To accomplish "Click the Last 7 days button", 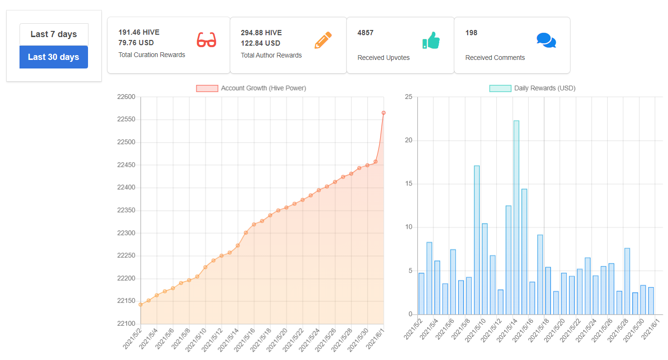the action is (x=54, y=34).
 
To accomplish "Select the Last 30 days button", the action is (x=54, y=57).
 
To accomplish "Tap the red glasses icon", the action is (x=206, y=40).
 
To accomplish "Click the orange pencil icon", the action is (x=323, y=40).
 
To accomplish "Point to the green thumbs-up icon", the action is (x=431, y=40).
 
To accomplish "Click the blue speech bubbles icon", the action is (x=546, y=40).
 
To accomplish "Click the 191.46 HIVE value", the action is (x=139, y=32).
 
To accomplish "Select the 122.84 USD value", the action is (x=261, y=43).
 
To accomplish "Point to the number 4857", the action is (x=365, y=33).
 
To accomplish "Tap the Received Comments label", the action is (x=495, y=58).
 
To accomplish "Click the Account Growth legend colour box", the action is (x=207, y=88).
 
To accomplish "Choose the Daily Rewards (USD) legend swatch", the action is (x=501, y=88).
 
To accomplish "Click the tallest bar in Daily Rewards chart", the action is (x=516, y=217).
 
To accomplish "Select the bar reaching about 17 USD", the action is (x=477, y=240).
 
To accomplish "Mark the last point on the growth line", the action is (x=383, y=113).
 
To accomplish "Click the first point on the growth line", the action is (x=141, y=304).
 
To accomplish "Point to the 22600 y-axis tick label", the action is (x=126, y=97).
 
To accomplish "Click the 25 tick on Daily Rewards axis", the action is (x=409, y=97).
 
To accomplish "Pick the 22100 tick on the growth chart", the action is (x=126, y=323).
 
